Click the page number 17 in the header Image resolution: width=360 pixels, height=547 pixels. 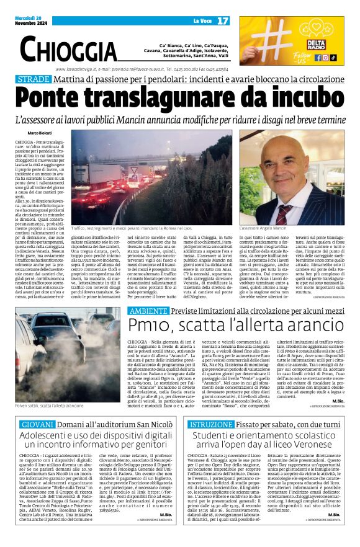(x=223, y=21)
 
